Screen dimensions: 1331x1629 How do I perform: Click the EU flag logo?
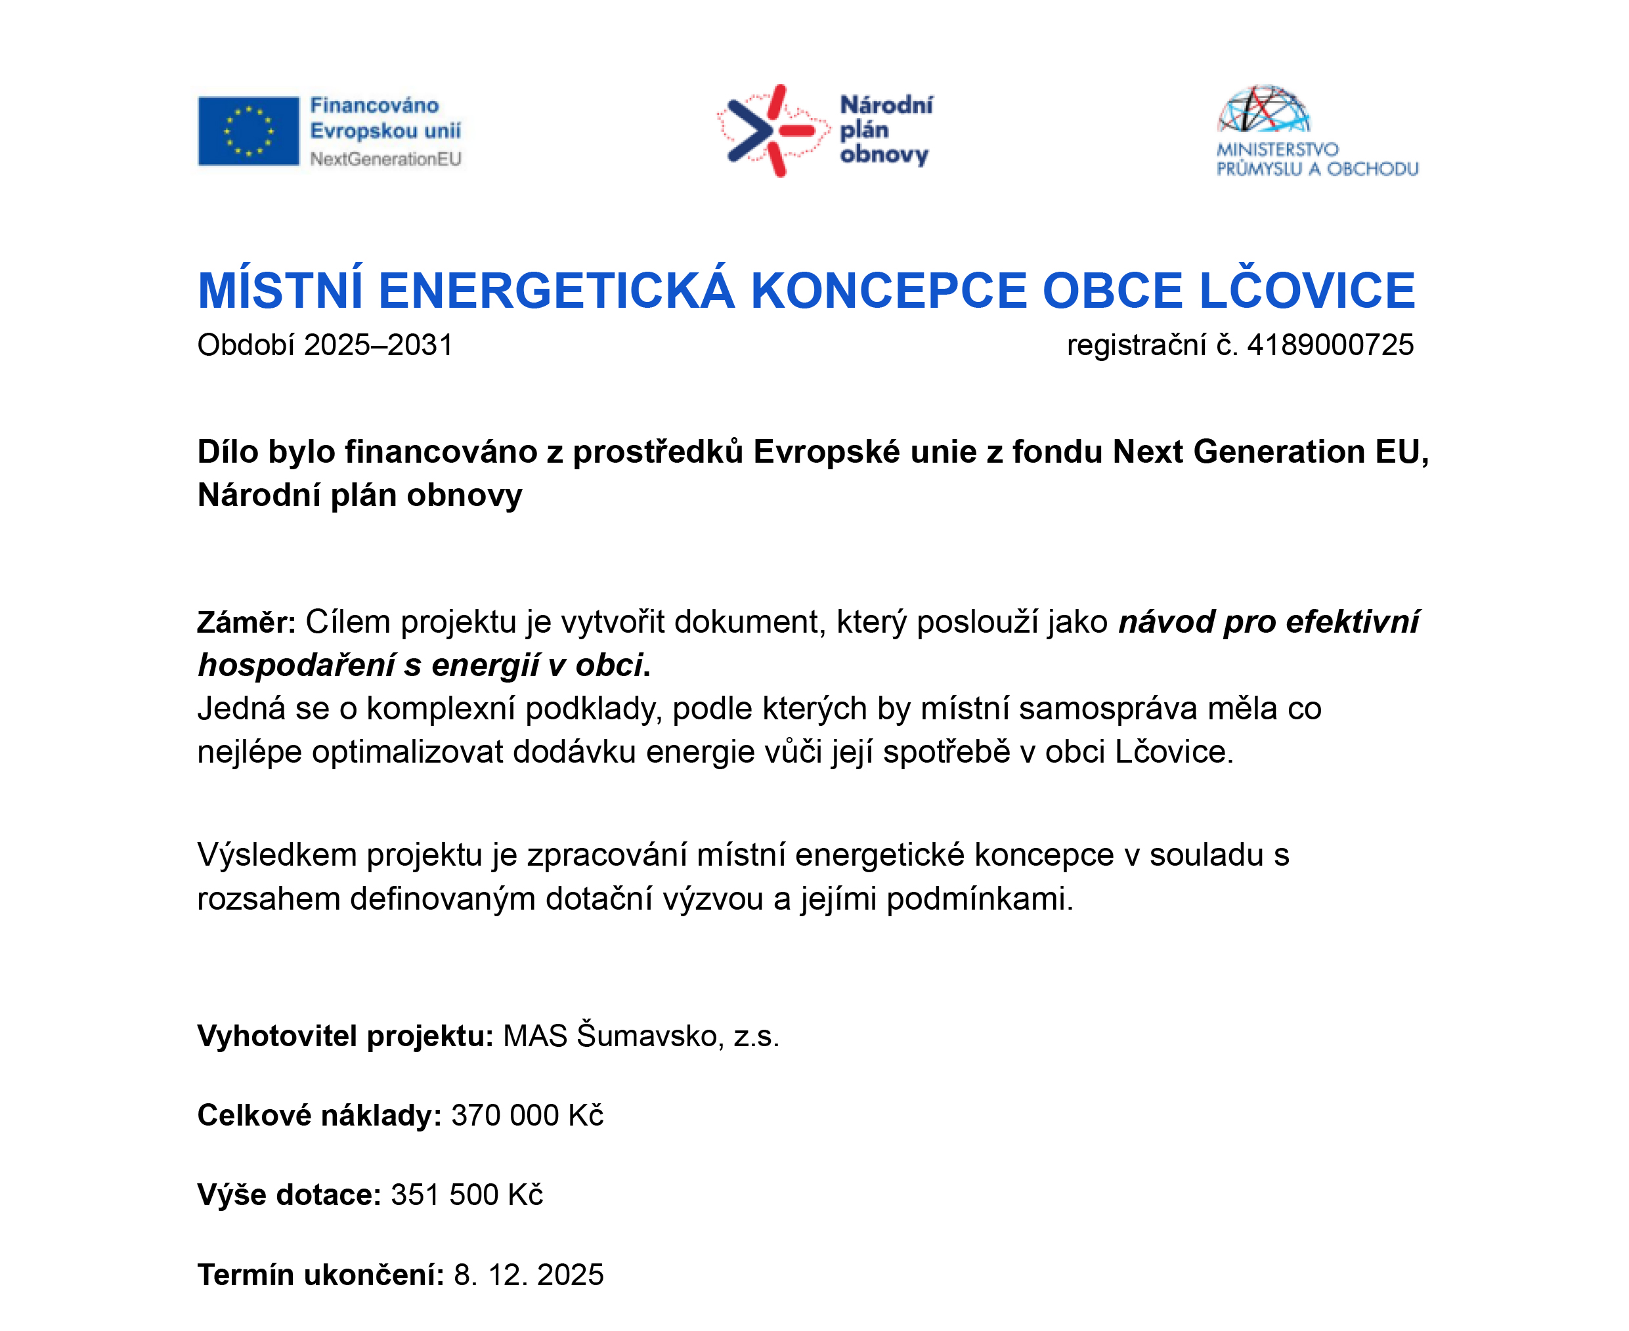pyautogui.click(x=248, y=131)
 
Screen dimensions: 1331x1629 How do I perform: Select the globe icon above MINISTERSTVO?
pyautogui.click(x=1263, y=110)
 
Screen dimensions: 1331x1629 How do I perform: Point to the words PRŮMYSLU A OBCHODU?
pyautogui.click(x=1317, y=169)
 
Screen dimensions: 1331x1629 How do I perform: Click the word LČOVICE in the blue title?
pyautogui.click(x=1306, y=291)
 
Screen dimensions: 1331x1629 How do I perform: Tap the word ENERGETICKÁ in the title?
pyautogui.click(x=556, y=291)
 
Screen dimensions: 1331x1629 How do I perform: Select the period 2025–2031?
pyautogui.click(x=378, y=345)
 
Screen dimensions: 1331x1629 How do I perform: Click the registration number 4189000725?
pyautogui.click(x=1330, y=345)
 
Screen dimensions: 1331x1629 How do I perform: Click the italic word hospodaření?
pyautogui.click(x=295, y=665)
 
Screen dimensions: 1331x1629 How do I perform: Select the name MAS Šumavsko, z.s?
pyautogui.click(x=640, y=1036)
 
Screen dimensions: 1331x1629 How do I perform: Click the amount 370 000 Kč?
pyautogui.click(x=527, y=1116)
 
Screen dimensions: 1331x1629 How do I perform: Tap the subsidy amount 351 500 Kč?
pyautogui.click(x=466, y=1195)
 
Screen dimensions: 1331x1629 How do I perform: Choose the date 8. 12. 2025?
pyautogui.click(x=529, y=1275)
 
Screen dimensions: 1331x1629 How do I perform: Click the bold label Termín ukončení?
pyautogui.click(x=320, y=1275)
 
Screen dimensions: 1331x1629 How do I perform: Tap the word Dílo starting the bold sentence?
pyautogui.click(x=228, y=452)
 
